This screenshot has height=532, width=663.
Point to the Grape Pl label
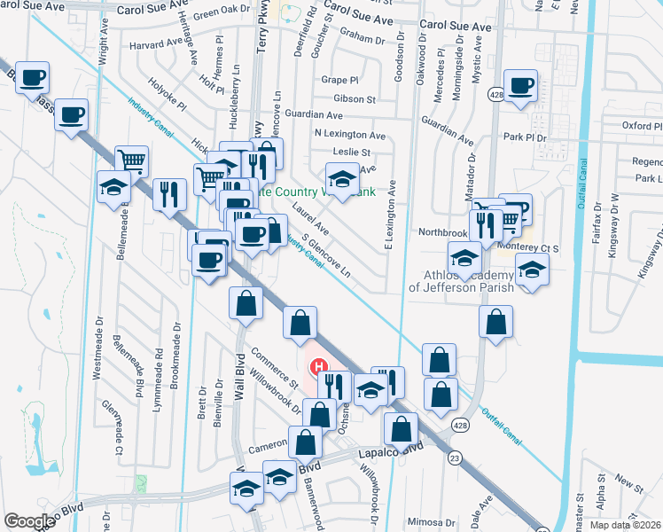pyautogui.click(x=339, y=79)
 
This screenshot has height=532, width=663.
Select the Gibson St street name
pyautogui.click(x=355, y=98)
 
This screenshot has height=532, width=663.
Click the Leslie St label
pyautogui.click(x=352, y=153)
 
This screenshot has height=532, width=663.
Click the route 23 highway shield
pyautogui.click(x=455, y=457)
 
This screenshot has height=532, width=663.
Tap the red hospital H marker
pyautogui.click(x=316, y=366)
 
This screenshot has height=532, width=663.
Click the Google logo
pyautogui.click(x=29, y=521)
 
